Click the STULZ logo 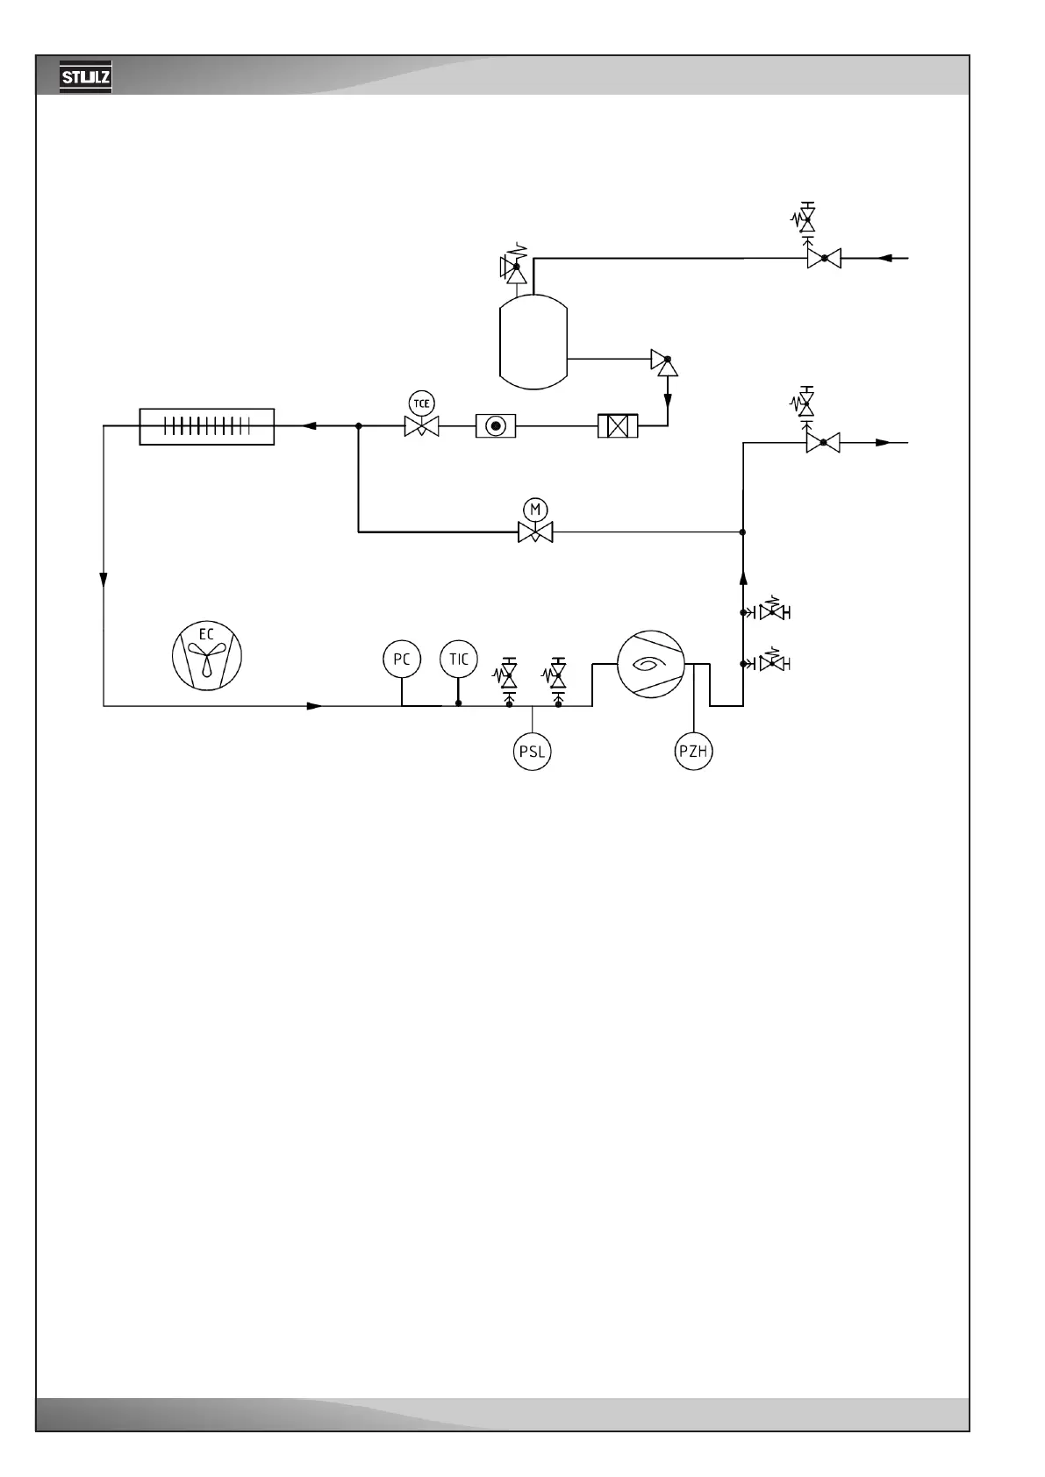click(x=85, y=78)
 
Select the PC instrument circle click(x=401, y=659)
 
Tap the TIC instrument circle click(x=458, y=659)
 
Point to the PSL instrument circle click(x=532, y=752)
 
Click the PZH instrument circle click(x=693, y=752)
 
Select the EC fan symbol click(x=206, y=654)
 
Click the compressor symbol click(x=650, y=665)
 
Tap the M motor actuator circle click(x=535, y=509)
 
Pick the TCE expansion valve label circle click(x=422, y=403)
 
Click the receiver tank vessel click(x=533, y=342)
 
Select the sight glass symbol click(x=496, y=426)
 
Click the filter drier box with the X click(x=618, y=426)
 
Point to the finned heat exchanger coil click(x=207, y=426)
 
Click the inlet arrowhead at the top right click(x=885, y=258)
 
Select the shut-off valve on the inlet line click(x=824, y=258)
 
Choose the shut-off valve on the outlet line click(x=823, y=443)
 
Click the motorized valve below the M click(x=535, y=532)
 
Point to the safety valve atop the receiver click(x=515, y=268)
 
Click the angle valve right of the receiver click(x=666, y=360)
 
